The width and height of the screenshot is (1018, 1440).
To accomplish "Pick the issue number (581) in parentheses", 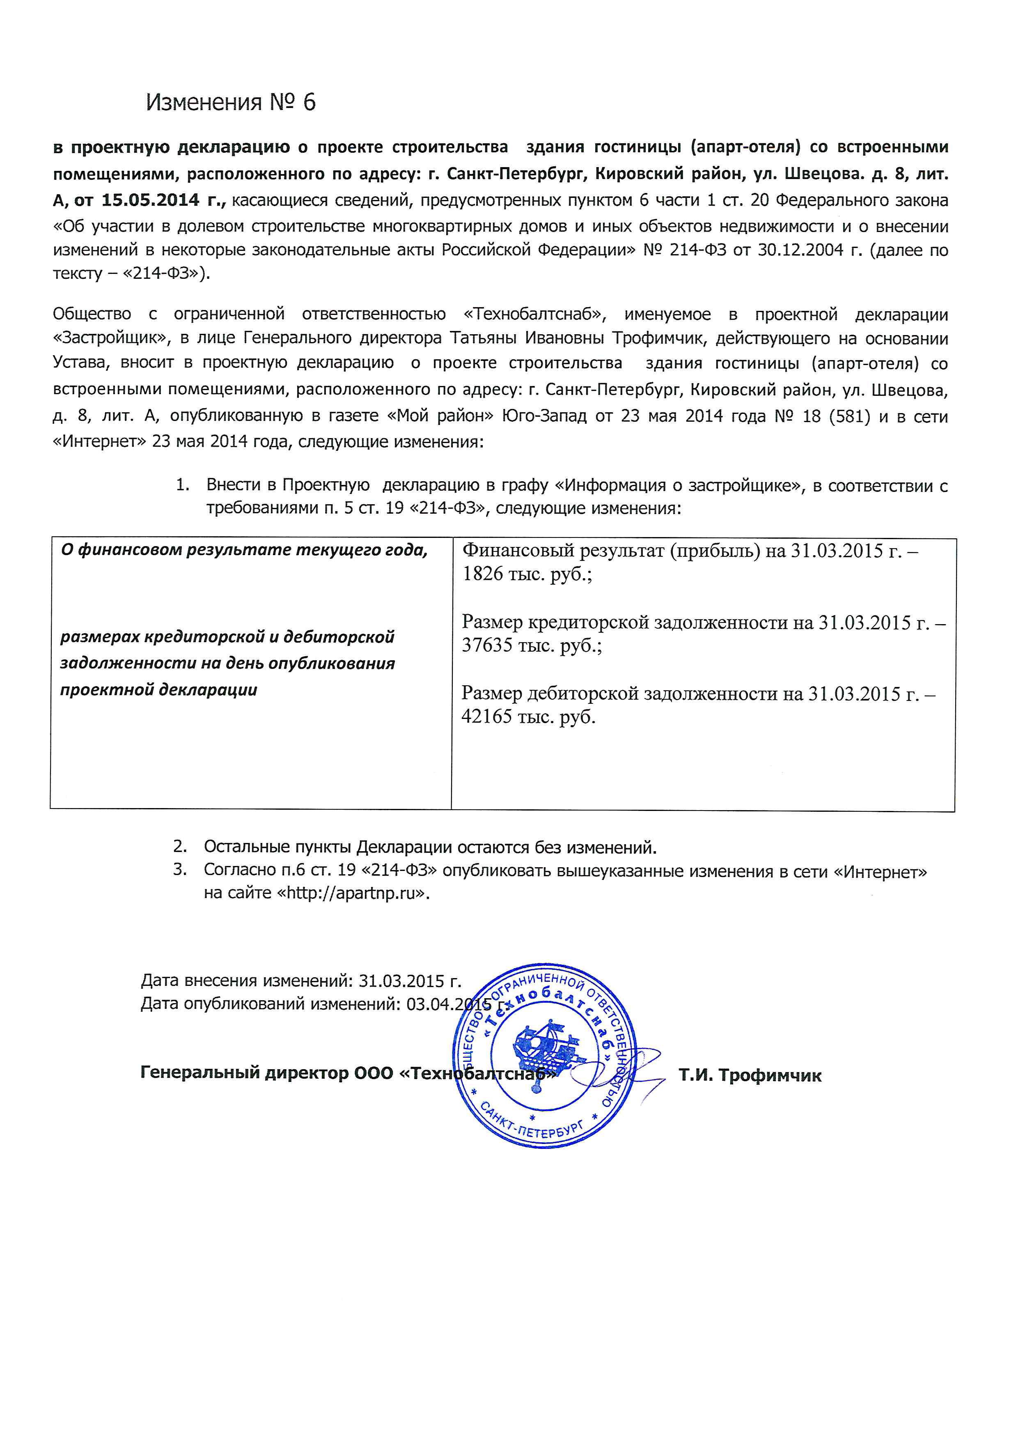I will pyautogui.click(x=849, y=416).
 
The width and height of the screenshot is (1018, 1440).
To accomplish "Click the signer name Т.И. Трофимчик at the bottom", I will pyautogui.click(x=750, y=1076).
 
